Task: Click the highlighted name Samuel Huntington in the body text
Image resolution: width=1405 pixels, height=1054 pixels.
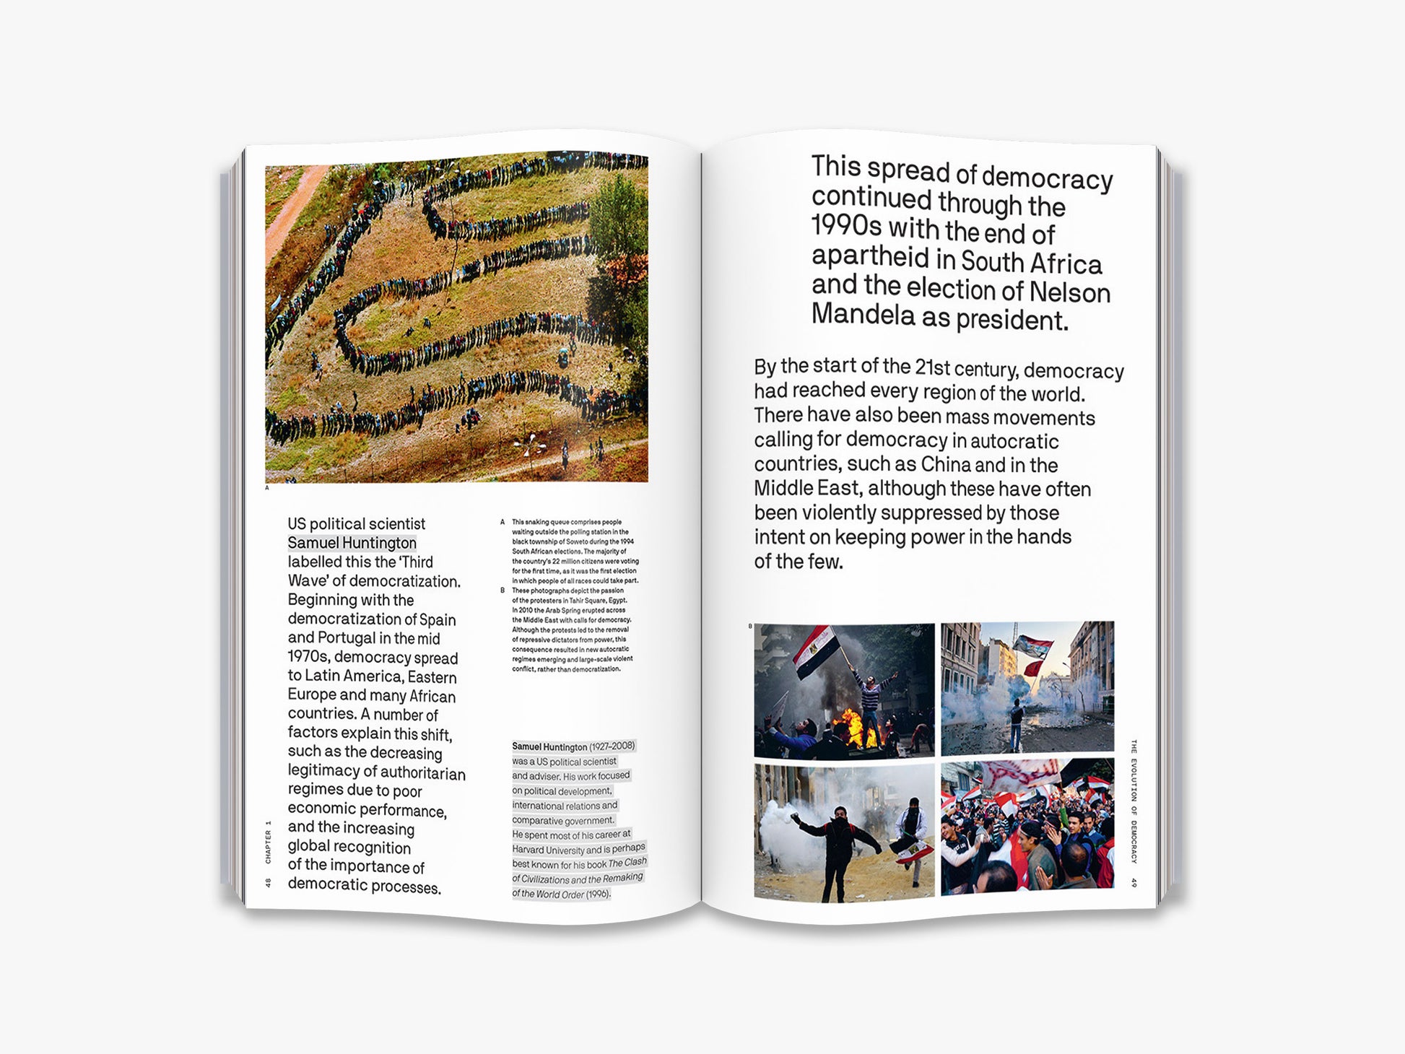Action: point(352,543)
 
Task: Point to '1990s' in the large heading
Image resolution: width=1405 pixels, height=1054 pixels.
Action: point(846,225)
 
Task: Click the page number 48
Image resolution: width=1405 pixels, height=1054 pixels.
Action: point(269,882)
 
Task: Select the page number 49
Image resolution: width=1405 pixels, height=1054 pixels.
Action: point(1134,882)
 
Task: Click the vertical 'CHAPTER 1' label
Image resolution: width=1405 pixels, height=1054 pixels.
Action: point(269,842)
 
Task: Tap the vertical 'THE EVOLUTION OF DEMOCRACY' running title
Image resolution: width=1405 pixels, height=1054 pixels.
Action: point(1134,801)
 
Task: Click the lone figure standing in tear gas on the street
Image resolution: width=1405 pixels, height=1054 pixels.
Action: point(1017,722)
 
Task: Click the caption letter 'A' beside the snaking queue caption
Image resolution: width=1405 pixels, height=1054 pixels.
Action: point(503,522)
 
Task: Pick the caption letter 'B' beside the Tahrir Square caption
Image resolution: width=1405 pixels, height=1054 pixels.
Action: point(503,591)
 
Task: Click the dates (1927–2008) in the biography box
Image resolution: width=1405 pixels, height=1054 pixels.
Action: point(612,746)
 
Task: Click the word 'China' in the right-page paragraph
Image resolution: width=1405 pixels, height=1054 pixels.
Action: point(945,463)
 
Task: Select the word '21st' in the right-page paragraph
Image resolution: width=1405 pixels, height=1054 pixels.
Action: point(933,367)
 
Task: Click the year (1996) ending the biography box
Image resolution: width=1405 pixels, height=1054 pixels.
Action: point(598,894)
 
